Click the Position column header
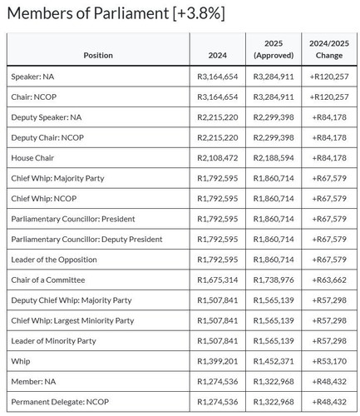tap(98, 55)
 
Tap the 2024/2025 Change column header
tap(329, 49)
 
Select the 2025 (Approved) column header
tap(274, 49)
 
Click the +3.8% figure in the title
tap(199, 13)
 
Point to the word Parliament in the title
tap(131, 13)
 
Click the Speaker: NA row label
tap(32, 77)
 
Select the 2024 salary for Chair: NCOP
tap(218, 97)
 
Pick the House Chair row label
tap(32, 158)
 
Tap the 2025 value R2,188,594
tap(274, 158)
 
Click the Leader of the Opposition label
tap(54, 260)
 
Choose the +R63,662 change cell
tap(329, 280)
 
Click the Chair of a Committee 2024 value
tap(218, 280)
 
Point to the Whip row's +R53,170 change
tap(329, 361)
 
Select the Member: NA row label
tap(33, 382)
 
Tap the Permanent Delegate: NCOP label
tap(60, 402)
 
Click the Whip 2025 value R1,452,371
tap(274, 361)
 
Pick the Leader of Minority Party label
tap(53, 341)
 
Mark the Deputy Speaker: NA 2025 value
tap(274, 117)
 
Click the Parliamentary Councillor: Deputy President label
tap(86, 240)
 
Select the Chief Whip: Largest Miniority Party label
tap(72, 320)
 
